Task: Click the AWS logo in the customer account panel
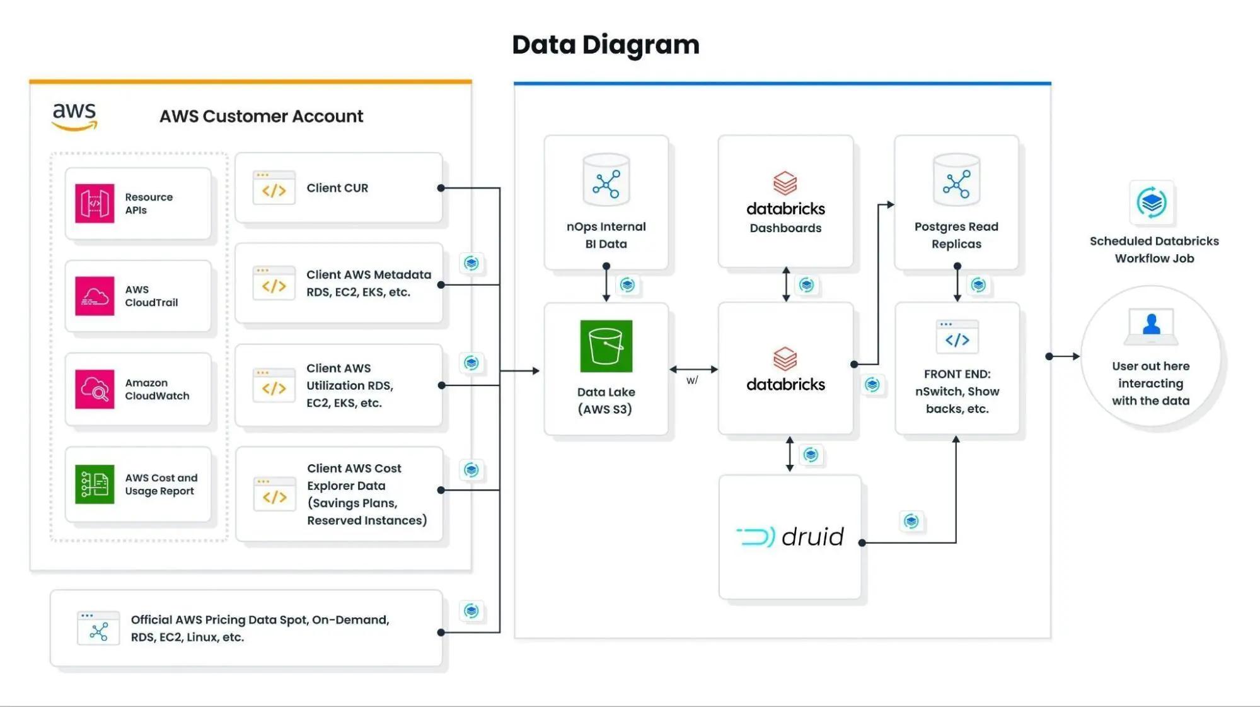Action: [74, 117]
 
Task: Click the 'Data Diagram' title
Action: [606, 45]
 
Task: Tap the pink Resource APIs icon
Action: [95, 203]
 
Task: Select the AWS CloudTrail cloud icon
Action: [95, 296]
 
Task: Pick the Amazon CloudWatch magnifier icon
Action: [95, 389]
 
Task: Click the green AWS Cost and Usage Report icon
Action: [95, 484]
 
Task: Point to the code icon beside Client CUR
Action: [274, 187]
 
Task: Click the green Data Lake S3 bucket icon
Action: [606, 346]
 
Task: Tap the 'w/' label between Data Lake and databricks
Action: [692, 380]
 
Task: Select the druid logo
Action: [790, 537]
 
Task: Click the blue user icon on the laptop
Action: [1151, 324]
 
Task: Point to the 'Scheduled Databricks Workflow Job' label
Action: [1154, 250]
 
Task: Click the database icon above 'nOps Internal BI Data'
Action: [606, 180]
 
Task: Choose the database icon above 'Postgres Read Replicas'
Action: [956, 180]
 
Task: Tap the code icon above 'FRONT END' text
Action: [957, 337]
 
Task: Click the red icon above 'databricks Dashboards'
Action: [785, 184]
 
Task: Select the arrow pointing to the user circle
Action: [1063, 356]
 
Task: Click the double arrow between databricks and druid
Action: [790, 454]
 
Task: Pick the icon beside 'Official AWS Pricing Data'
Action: [98, 628]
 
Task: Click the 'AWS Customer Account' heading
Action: [261, 116]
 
